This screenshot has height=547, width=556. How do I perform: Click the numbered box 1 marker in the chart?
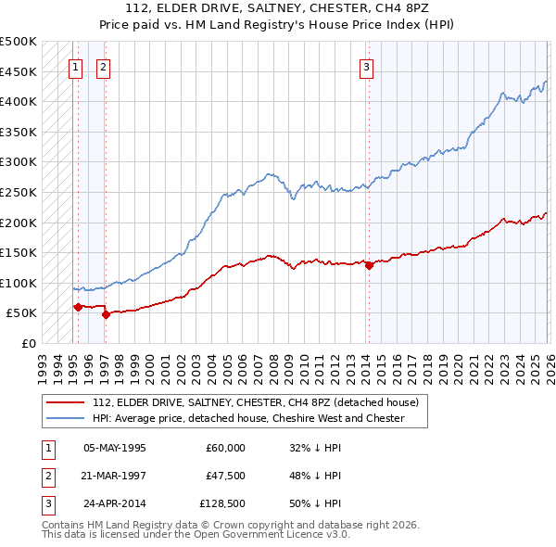coord(75,67)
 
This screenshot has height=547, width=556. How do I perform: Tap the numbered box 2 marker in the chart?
coord(104,67)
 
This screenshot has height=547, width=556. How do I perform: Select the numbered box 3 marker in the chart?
coord(367,67)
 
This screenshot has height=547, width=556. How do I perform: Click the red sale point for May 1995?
coord(77,307)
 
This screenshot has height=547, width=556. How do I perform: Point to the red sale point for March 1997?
coord(106,314)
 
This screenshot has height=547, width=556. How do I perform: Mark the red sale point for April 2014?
coord(369,265)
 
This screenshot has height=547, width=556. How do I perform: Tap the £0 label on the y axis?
coord(28,343)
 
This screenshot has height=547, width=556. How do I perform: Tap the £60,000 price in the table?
coord(226,448)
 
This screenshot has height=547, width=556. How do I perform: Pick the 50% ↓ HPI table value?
coord(315,505)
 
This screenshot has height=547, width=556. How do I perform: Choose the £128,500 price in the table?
coord(222,505)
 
